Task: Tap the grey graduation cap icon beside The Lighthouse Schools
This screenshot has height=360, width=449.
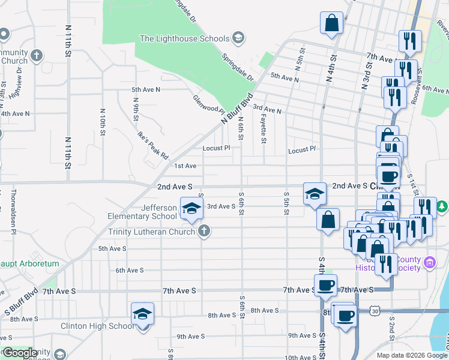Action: click(x=238, y=38)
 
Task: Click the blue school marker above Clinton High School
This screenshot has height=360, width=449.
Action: click(x=143, y=314)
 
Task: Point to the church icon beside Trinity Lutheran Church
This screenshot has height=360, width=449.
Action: click(x=205, y=230)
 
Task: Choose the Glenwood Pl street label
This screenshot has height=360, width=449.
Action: click(x=208, y=105)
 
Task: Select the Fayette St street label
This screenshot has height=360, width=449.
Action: click(x=264, y=130)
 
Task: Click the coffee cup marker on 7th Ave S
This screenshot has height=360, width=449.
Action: click(x=325, y=286)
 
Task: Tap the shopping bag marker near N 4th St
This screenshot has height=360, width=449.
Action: click(x=331, y=24)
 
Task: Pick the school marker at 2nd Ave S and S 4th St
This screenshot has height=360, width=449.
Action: click(x=315, y=194)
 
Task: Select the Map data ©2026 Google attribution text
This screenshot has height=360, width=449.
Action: click(x=412, y=355)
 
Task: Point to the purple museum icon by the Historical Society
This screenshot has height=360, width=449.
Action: click(x=429, y=262)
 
